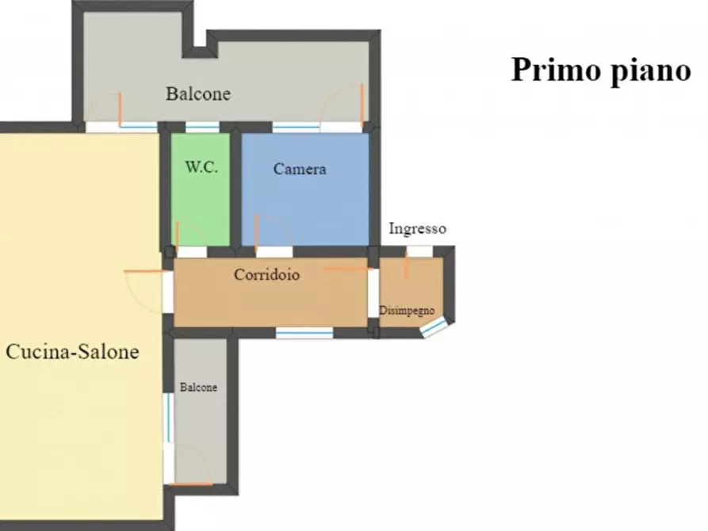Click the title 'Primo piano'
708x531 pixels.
601,70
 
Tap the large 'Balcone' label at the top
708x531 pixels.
198,94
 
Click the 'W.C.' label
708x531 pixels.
201,168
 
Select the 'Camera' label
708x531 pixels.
300,169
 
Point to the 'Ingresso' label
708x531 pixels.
417,229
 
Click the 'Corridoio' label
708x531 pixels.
266,275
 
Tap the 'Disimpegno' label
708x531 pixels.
407,310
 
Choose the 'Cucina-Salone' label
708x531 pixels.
72,352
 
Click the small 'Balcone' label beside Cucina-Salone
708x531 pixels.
198,388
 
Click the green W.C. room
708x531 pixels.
201,198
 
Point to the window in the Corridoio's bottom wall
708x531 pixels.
304,333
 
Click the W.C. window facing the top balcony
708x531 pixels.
202,127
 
